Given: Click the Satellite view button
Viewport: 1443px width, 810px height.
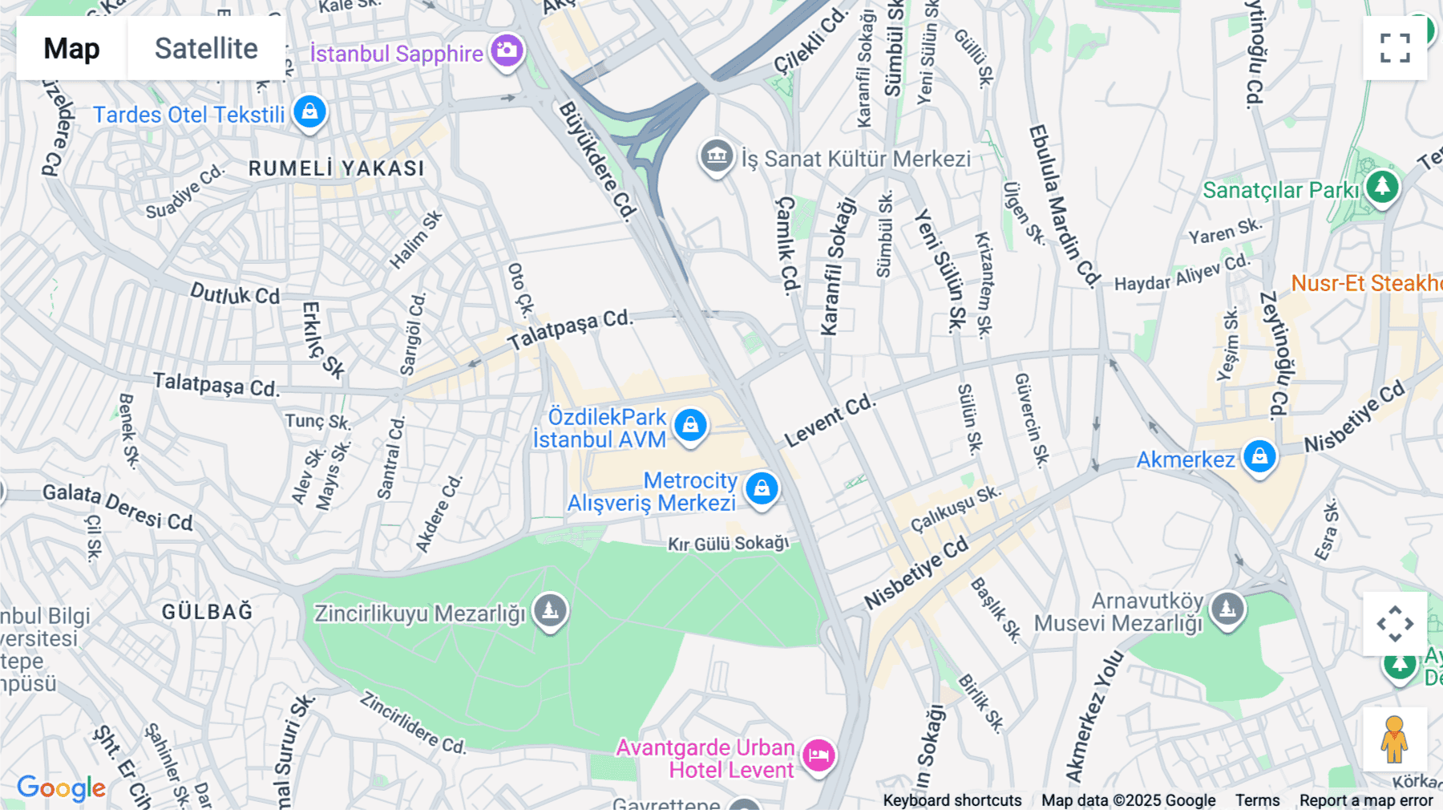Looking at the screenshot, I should pos(206,48).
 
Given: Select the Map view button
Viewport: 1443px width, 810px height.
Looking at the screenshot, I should pos(71,48).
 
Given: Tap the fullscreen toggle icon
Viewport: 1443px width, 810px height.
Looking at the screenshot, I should pos(1395,48).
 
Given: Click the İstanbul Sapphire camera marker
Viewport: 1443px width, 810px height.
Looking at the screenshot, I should pos(507,51).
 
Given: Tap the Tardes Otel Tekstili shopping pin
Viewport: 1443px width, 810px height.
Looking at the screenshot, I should pos(309,112).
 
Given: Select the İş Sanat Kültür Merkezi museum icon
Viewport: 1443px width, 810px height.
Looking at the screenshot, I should pos(717,156).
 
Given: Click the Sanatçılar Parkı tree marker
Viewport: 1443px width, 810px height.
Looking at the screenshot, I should pos(1382,187).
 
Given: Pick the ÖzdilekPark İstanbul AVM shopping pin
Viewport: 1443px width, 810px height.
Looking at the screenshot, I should pos(690,425).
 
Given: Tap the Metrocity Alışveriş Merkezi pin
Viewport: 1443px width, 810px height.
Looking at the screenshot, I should pos(762,488).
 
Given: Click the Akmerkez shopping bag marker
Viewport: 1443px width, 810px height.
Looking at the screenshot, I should pos(1259,457).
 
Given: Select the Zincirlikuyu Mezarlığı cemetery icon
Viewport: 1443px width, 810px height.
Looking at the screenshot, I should pos(550,611).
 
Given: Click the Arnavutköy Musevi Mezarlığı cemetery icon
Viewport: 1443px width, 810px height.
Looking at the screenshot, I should pos(1227,609).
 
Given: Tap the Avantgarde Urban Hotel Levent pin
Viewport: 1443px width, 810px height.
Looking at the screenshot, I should pos(819,755).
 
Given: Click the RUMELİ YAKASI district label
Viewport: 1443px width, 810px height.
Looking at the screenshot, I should pos(337,168).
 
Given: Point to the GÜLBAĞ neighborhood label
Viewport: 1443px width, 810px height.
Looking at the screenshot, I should pos(208,612).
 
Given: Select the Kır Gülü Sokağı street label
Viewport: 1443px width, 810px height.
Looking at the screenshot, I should pos(728,544).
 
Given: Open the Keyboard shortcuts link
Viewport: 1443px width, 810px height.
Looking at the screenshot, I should pos(952,800).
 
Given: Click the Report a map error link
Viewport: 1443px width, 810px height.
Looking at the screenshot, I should pos(1366,800).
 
